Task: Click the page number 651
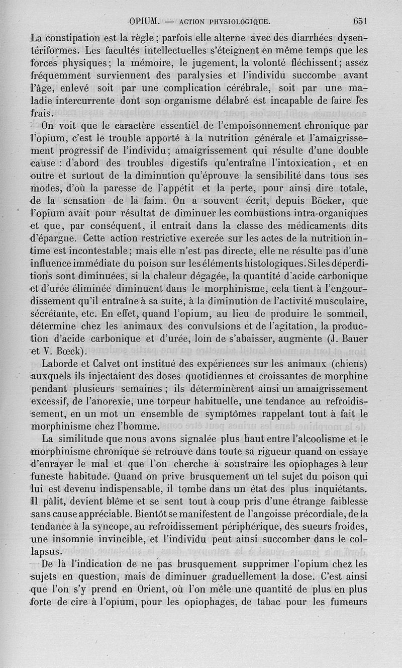tap(361, 21)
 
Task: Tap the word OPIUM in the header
tap(144, 22)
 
